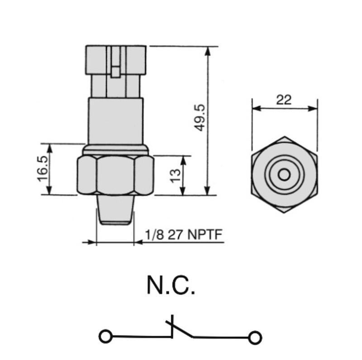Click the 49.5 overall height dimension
click(200, 118)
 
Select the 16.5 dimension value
click(43, 169)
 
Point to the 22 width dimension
click(284, 100)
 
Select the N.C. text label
click(171, 286)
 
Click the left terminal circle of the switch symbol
click(105, 336)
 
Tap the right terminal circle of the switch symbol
click(256, 337)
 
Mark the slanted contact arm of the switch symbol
click(181, 329)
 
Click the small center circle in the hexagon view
click(284, 174)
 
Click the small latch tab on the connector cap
click(116, 71)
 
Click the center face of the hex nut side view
click(116, 175)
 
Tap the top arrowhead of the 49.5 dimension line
click(208, 49)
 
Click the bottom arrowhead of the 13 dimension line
click(183, 192)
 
